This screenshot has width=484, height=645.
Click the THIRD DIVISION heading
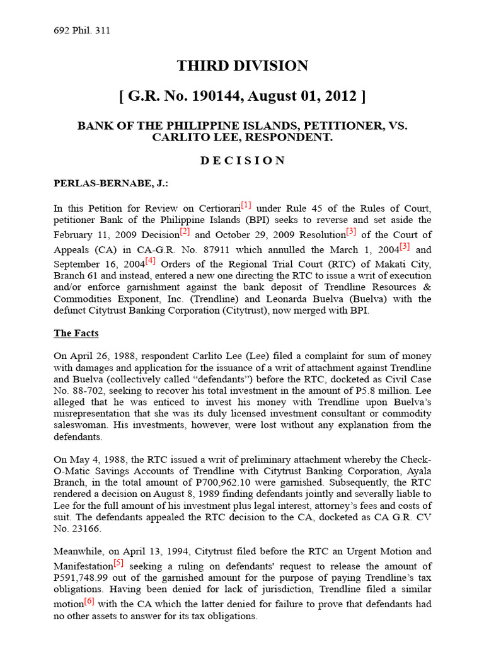click(x=242, y=66)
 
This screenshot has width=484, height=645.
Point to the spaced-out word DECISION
click(x=242, y=161)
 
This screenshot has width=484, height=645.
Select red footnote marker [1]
click(x=246, y=205)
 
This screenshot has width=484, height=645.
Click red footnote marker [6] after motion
click(x=89, y=602)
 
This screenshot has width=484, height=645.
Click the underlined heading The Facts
click(x=76, y=333)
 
